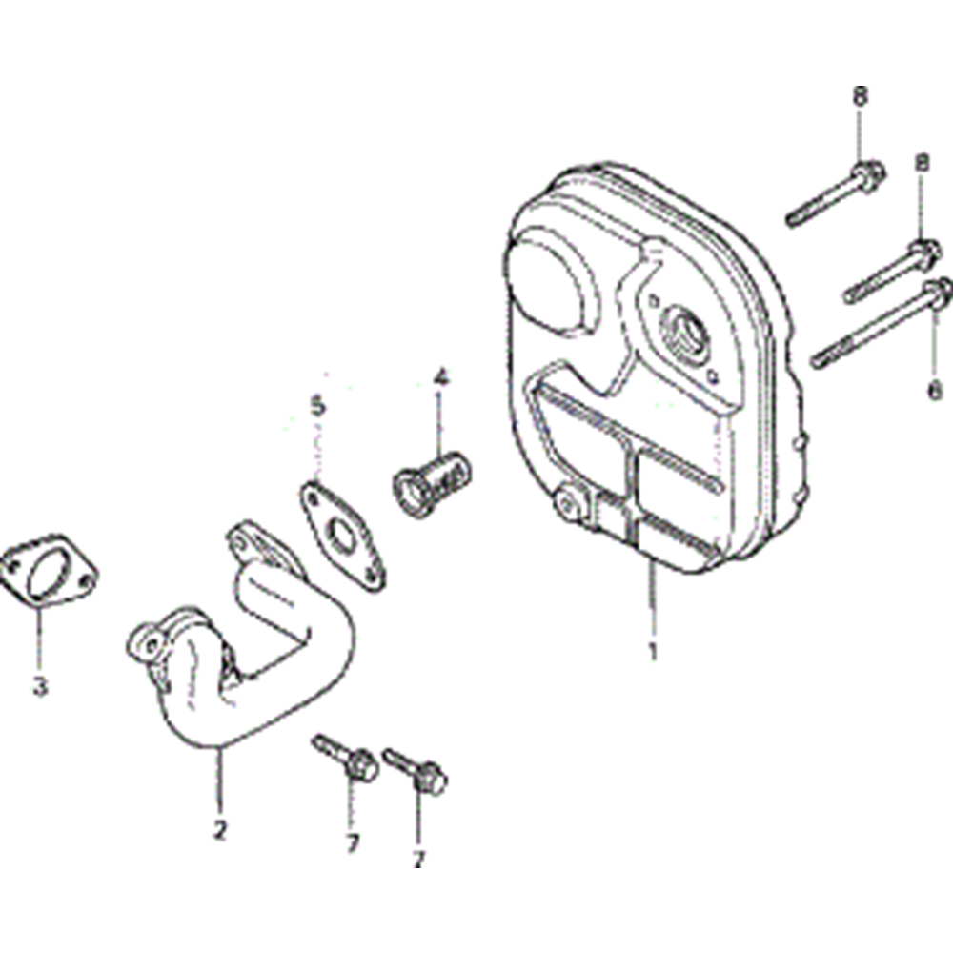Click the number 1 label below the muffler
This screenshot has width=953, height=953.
[653, 652]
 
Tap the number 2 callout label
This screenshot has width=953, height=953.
[220, 830]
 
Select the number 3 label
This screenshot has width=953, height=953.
[40, 687]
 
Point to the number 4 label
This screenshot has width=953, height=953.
[441, 378]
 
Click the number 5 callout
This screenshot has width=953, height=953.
[318, 407]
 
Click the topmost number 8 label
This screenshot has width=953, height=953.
[860, 96]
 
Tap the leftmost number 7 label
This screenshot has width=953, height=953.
[353, 843]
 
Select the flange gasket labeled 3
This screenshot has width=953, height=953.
[49, 570]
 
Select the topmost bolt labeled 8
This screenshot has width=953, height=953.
[835, 193]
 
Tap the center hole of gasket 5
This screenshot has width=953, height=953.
[341, 534]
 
